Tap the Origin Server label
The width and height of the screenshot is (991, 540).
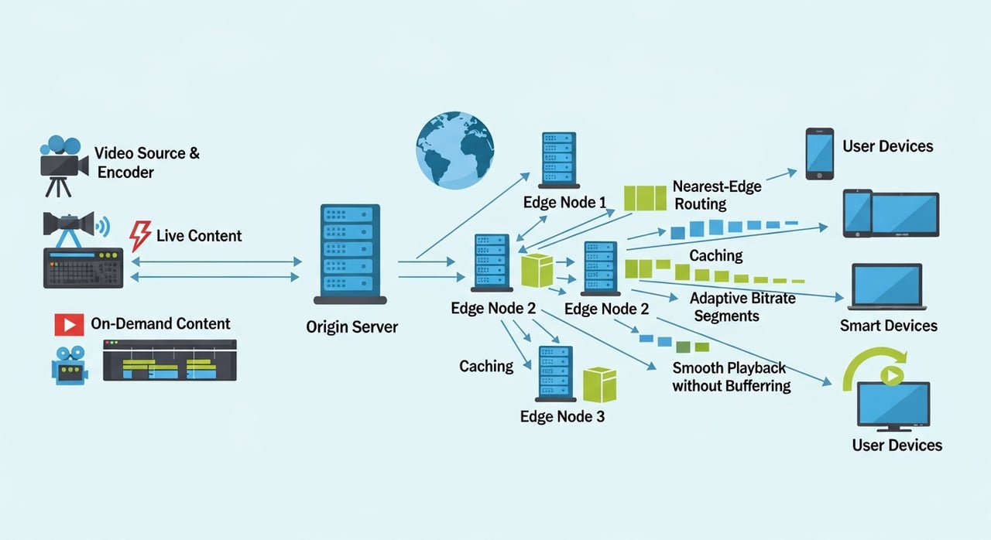tap(352, 326)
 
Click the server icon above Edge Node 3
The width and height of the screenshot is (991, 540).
tap(555, 374)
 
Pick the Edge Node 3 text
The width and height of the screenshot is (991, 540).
tap(562, 416)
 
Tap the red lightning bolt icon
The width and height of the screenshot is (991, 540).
tap(140, 236)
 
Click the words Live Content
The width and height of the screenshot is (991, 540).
tap(199, 235)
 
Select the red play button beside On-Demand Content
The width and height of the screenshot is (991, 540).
tap(68, 324)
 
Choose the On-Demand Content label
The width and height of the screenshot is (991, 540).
tap(160, 323)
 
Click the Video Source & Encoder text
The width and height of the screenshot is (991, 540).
tap(146, 162)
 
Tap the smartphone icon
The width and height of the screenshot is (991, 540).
tap(819, 153)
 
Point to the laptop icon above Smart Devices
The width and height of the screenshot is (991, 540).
tap(886, 287)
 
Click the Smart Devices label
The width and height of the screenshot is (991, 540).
tap(888, 326)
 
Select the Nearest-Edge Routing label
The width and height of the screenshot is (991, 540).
tap(717, 195)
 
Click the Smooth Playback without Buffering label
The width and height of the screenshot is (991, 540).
tap(731, 376)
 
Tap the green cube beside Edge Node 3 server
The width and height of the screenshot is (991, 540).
tap(598, 384)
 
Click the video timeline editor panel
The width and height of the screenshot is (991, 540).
tap(169, 361)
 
